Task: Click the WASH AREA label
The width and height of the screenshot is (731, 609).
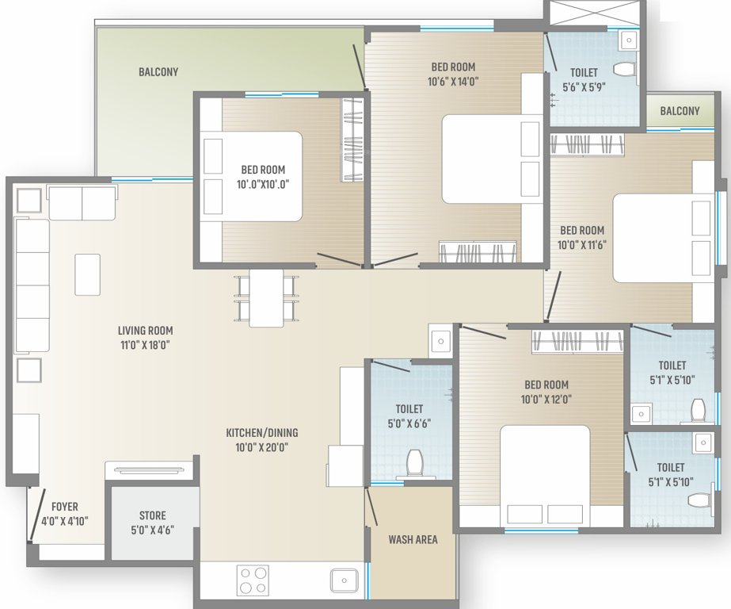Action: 413,540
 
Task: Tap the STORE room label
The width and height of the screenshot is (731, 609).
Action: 153,516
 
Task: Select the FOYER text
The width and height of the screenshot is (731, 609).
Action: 64,507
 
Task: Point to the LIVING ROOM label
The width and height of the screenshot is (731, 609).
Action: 145,331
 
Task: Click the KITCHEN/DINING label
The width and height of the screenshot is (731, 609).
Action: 262,433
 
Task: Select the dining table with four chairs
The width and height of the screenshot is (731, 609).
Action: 266,297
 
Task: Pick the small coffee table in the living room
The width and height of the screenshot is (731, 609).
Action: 87,274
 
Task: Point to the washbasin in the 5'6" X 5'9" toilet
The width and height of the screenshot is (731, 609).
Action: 628,40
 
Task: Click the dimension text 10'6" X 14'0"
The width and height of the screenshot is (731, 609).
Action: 453,80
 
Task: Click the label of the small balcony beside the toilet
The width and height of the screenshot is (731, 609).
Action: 680,111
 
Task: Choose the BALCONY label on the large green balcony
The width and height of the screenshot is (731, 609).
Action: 158,72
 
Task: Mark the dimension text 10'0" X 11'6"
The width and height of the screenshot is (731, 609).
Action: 581,244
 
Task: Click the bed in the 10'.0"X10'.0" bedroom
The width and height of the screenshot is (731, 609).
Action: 252,176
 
